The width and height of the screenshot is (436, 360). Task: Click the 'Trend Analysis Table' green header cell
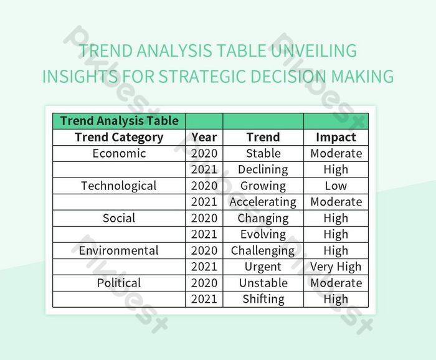coord(119,121)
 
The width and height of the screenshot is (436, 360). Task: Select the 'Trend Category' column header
coord(119,137)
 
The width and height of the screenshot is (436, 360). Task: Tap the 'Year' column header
coord(204,137)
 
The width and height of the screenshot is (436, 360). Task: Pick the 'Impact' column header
coord(336,137)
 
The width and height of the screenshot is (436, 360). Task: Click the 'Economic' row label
coord(119,153)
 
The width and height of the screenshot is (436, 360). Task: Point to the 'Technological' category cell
coord(119,186)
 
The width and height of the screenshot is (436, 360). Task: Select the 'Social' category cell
coord(119,218)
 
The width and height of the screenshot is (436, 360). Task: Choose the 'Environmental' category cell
coord(119,250)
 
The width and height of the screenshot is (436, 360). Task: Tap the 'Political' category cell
coord(119,283)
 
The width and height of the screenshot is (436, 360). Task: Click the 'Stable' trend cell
coord(263,153)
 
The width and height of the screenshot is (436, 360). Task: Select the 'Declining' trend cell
coord(263,169)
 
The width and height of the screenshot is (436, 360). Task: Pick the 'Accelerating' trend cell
coord(263,202)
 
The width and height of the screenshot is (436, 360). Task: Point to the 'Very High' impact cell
coord(336,267)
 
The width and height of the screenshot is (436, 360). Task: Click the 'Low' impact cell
coord(336,186)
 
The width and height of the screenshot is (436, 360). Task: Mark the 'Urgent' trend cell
coord(263,267)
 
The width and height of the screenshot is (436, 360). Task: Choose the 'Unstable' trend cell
coord(263,283)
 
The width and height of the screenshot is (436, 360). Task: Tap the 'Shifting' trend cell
coord(263,299)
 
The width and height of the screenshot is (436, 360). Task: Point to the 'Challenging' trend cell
coord(263,250)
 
